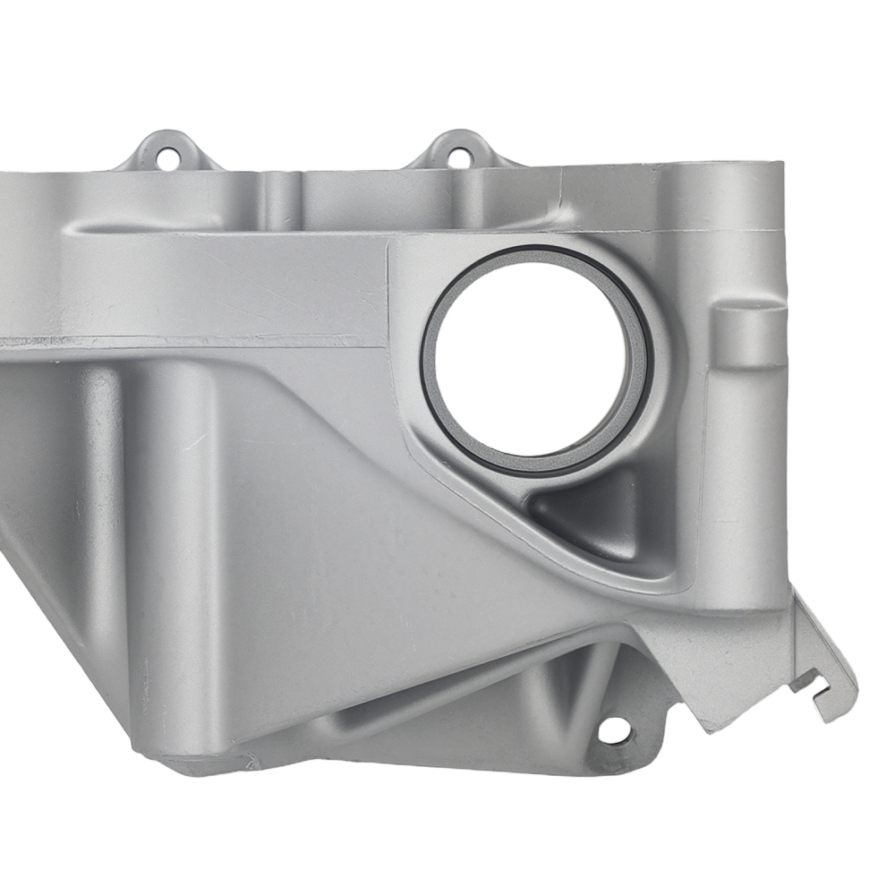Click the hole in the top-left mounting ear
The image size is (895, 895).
[x=164, y=161]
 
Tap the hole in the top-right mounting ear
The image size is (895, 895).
[x=459, y=158]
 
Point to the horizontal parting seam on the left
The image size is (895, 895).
[x=179, y=340]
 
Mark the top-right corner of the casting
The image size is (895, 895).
[x=779, y=166]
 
